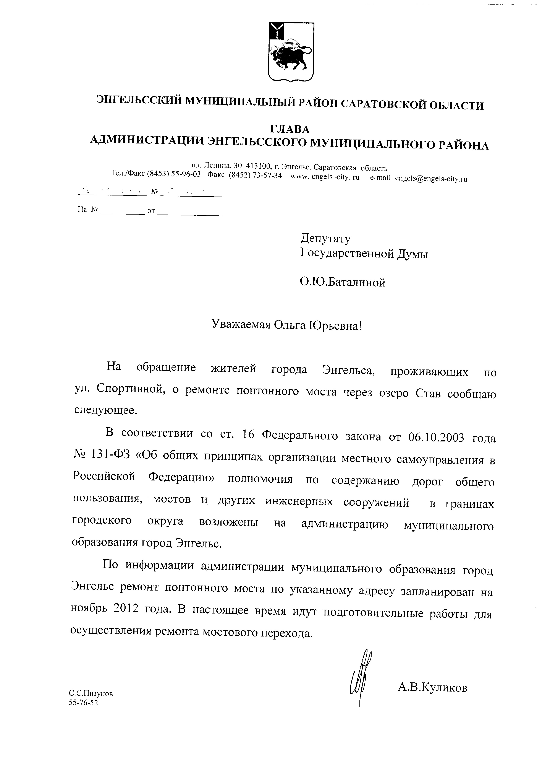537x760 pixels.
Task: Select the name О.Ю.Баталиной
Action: pos(343,282)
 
